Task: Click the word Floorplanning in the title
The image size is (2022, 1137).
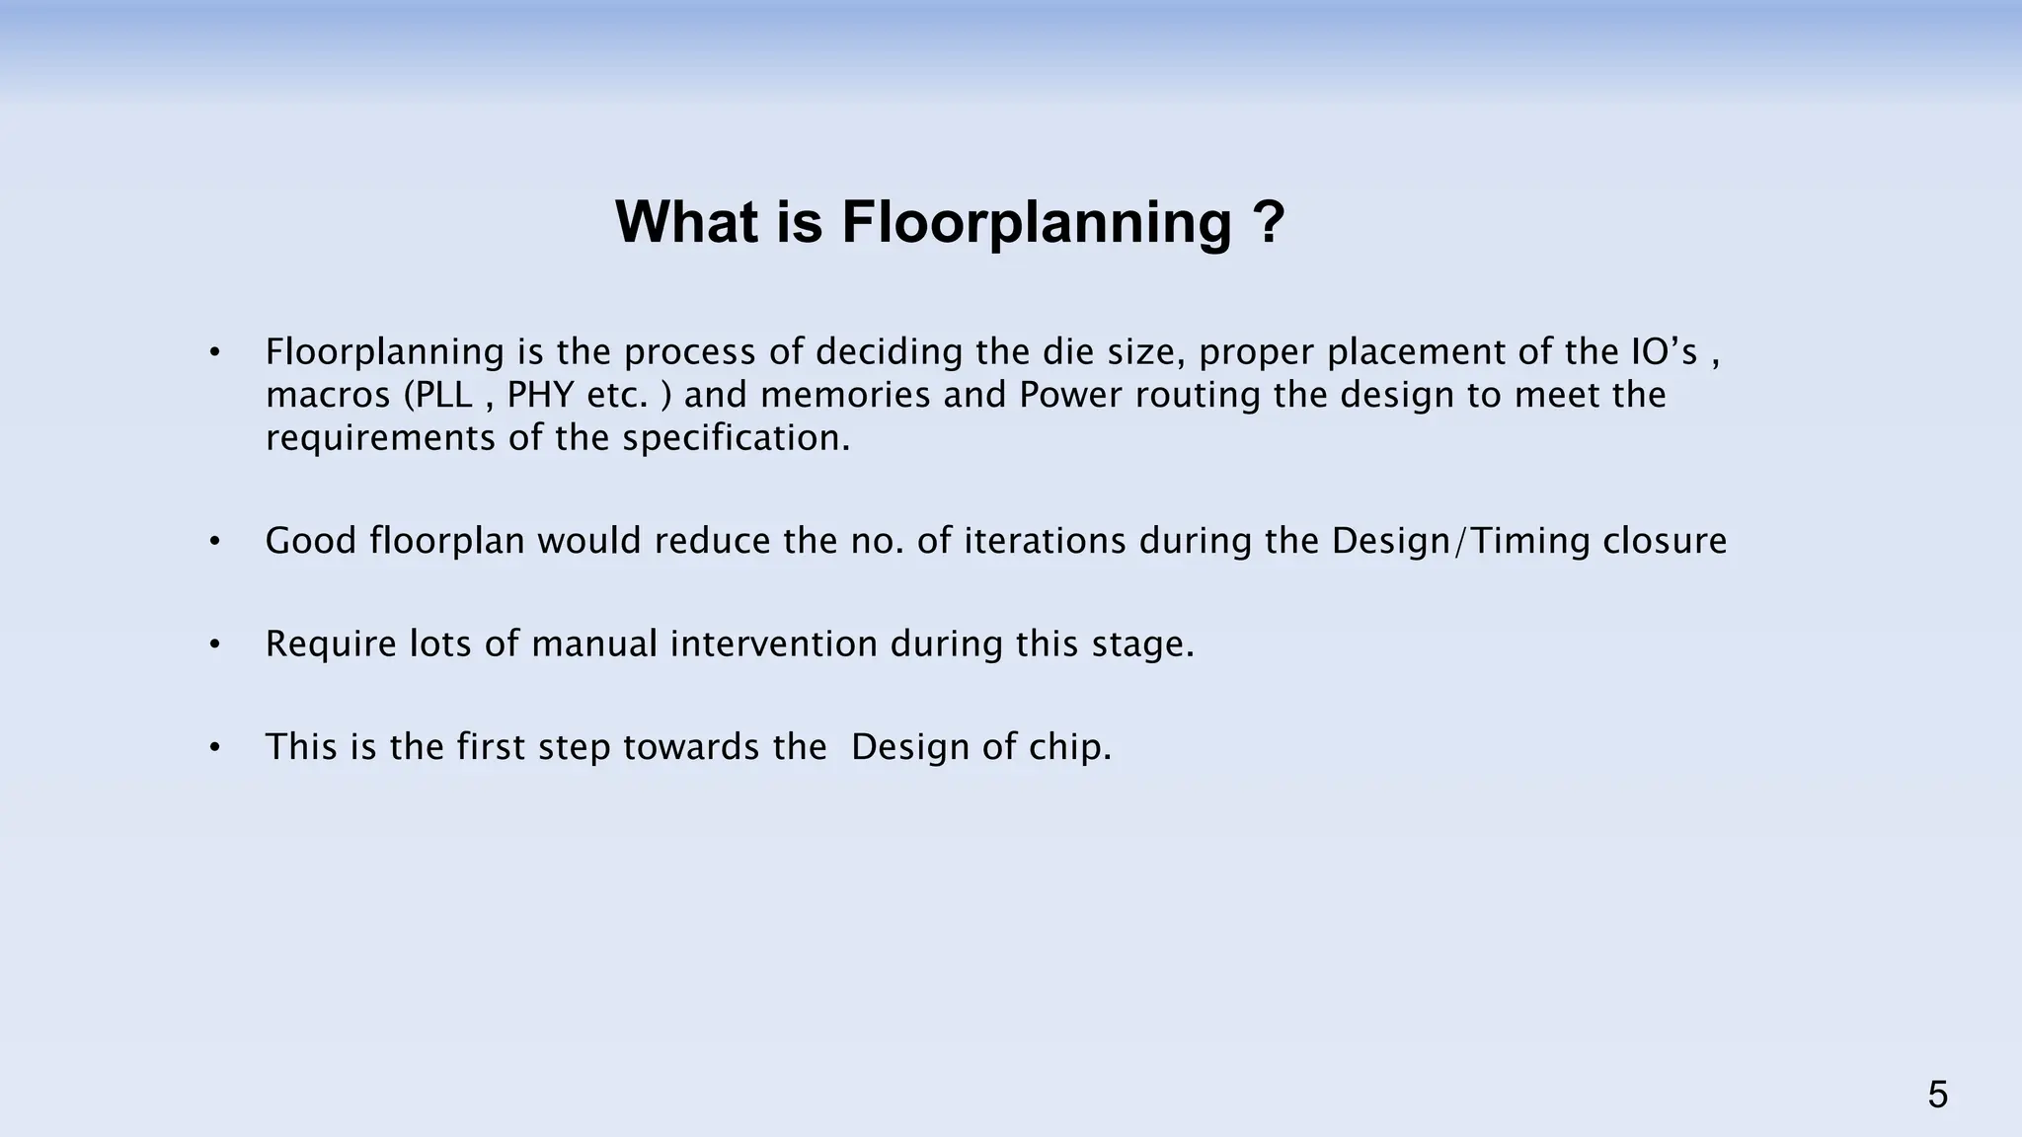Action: [1036, 223]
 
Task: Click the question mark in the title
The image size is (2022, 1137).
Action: [1267, 223]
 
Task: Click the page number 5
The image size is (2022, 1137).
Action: [1937, 1096]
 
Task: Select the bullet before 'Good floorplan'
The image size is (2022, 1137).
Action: [214, 542]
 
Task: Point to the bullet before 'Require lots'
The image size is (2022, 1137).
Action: [214, 644]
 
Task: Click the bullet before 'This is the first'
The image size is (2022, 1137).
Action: [214, 747]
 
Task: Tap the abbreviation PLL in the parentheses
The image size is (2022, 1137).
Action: [444, 395]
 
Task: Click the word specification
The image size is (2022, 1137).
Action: [736, 438]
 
